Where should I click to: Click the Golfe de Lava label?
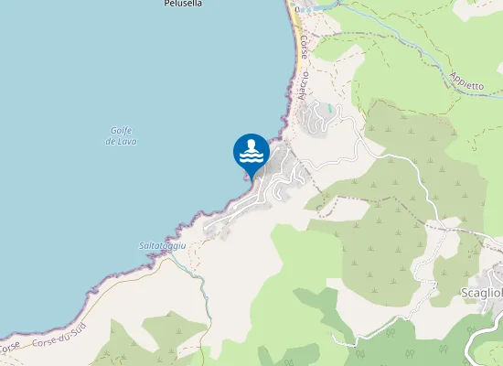[x=121, y=136]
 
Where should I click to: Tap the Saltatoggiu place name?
[x=162, y=246]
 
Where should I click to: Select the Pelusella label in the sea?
[x=183, y=4]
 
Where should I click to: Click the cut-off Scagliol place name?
[x=481, y=293]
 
